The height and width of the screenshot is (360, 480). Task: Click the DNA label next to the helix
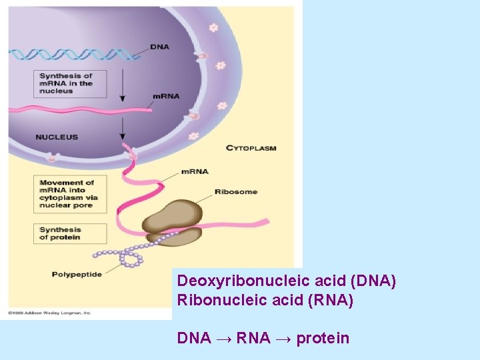point(159,47)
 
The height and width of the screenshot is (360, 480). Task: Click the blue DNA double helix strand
point(73,55)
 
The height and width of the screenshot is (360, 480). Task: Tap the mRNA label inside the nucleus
point(165,96)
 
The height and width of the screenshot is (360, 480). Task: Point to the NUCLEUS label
point(57,137)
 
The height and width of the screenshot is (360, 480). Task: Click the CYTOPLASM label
point(251,148)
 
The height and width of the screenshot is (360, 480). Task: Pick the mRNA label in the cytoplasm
point(195,171)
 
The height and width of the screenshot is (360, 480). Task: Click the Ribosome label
point(236,192)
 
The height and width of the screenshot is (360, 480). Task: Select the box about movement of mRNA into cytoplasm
point(69,194)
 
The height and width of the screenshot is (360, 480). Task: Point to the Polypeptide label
point(77,274)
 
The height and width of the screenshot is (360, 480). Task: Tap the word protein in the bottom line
point(323,338)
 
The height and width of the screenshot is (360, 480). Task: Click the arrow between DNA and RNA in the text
point(223,339)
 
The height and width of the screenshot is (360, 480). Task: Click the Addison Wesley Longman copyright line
point(49,312)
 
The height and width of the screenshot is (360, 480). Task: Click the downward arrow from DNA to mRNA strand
point(123,83)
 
